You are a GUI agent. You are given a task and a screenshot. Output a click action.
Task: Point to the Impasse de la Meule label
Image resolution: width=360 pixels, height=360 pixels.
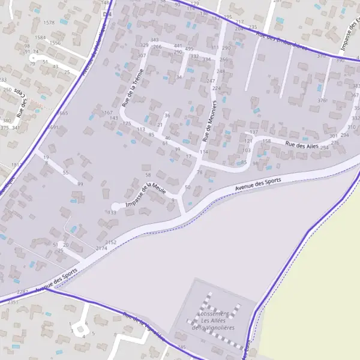point(146,196)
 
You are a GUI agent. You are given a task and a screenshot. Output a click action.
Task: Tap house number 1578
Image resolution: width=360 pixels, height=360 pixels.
point(49,23)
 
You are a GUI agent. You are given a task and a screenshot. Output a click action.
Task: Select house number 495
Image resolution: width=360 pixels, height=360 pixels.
point(189,49)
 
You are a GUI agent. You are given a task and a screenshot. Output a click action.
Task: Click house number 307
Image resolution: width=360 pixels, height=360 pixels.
point(142,56)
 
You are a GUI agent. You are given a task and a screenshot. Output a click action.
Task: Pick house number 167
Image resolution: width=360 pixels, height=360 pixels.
point(108,113)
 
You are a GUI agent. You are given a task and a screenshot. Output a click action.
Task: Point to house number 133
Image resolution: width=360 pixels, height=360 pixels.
point(112,212)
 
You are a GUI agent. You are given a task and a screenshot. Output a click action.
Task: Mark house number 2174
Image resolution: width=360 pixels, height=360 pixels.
point(101,248)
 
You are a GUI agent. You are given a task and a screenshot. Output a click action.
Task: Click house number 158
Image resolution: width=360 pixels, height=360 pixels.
point(267,141)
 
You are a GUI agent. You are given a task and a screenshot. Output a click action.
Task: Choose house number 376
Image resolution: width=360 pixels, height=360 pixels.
point(322,100)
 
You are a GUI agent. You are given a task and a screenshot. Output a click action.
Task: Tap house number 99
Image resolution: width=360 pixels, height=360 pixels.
point(80,184)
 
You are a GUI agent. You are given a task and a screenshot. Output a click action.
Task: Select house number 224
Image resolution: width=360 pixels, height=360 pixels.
point(217,88)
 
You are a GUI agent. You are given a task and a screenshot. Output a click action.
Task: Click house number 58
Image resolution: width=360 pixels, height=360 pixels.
point(148,175)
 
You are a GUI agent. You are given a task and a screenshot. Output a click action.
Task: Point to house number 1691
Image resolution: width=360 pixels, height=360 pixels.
point(53,127)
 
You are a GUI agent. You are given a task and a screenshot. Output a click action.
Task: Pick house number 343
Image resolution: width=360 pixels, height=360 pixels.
point(155,40)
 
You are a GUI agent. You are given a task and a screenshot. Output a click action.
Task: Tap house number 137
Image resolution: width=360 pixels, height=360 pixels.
point(254,132)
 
